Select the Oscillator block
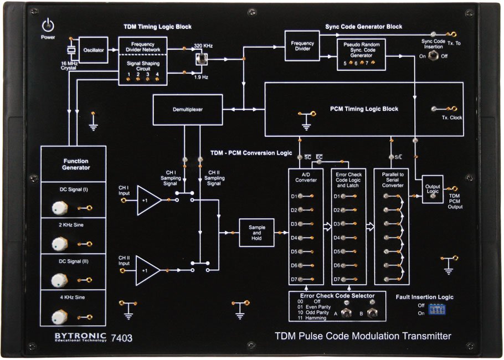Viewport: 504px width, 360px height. (93, 50)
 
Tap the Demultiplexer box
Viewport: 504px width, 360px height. (187, 110)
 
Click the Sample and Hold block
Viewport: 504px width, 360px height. (256, 233)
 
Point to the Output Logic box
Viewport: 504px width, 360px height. (433, 189)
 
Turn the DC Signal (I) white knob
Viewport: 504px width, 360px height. (59, 208)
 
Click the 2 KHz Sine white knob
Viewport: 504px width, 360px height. (59, 244)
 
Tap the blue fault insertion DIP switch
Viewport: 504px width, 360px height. (436, 308)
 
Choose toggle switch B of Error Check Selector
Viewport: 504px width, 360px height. (372, 313)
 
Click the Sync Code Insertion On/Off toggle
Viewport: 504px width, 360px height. (432, 56)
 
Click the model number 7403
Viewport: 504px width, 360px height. (122, 337)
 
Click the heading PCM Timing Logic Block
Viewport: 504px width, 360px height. (364, 109)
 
